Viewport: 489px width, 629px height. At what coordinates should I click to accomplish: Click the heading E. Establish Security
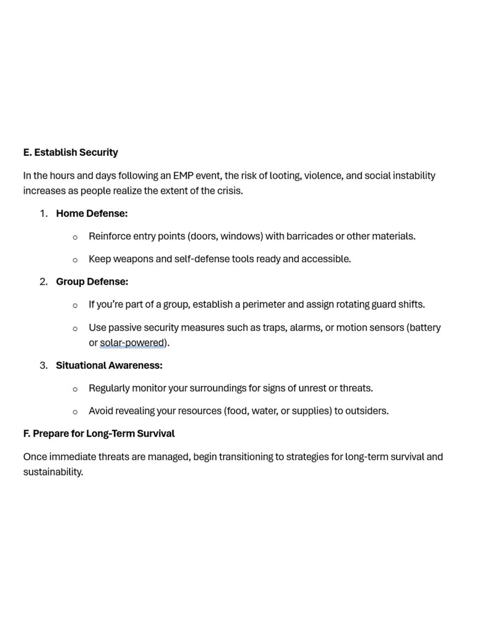pos(70,152)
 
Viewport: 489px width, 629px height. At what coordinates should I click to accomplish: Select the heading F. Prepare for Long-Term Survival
pos(99,434)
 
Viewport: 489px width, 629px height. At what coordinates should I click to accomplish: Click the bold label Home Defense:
pos(92,214)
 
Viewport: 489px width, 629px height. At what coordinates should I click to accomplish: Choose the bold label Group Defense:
pos(92,282)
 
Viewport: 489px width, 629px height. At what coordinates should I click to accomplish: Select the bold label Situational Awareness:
pos(109,365)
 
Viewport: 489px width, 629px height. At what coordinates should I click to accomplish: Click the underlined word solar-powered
pos(132,343)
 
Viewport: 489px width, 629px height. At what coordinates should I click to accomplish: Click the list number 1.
pos(43,214)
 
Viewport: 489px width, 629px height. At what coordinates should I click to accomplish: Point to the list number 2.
pos(43,282)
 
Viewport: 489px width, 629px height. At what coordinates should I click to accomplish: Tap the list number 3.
pos(43,365)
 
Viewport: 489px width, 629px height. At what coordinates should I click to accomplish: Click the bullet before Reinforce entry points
pos(75,237)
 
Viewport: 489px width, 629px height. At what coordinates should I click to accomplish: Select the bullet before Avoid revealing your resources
pos(75,412)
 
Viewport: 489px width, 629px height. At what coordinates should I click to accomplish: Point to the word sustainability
pos(52,473)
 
